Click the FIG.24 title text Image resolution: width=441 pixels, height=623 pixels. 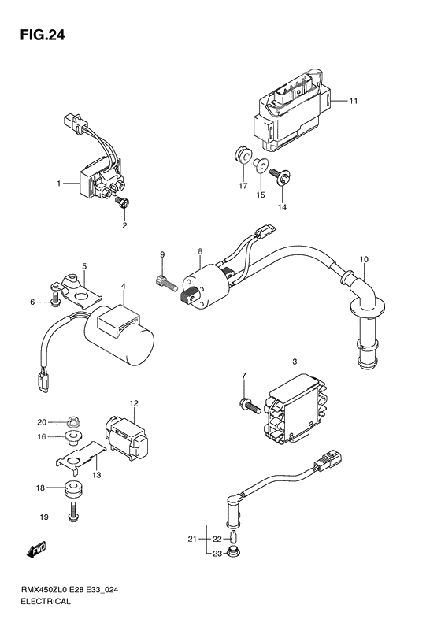coord(42,35)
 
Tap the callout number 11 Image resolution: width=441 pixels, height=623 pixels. coord(354,101)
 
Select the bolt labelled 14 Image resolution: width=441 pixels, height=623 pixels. coord(280,176)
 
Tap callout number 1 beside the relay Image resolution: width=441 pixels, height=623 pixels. coord(59,184)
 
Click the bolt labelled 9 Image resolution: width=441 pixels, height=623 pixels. coord(166,283)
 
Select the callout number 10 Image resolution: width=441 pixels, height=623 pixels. coord(364,259)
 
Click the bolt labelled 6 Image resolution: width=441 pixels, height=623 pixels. coord(55,299)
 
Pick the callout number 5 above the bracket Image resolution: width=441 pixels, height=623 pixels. coord(84,265)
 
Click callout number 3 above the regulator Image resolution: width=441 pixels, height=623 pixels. coord(295,362)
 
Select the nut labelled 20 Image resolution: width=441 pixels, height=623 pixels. coord(72,421)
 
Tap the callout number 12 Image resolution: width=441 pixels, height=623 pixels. coord(134,404)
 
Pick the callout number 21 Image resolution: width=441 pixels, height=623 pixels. coord(192,540)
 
